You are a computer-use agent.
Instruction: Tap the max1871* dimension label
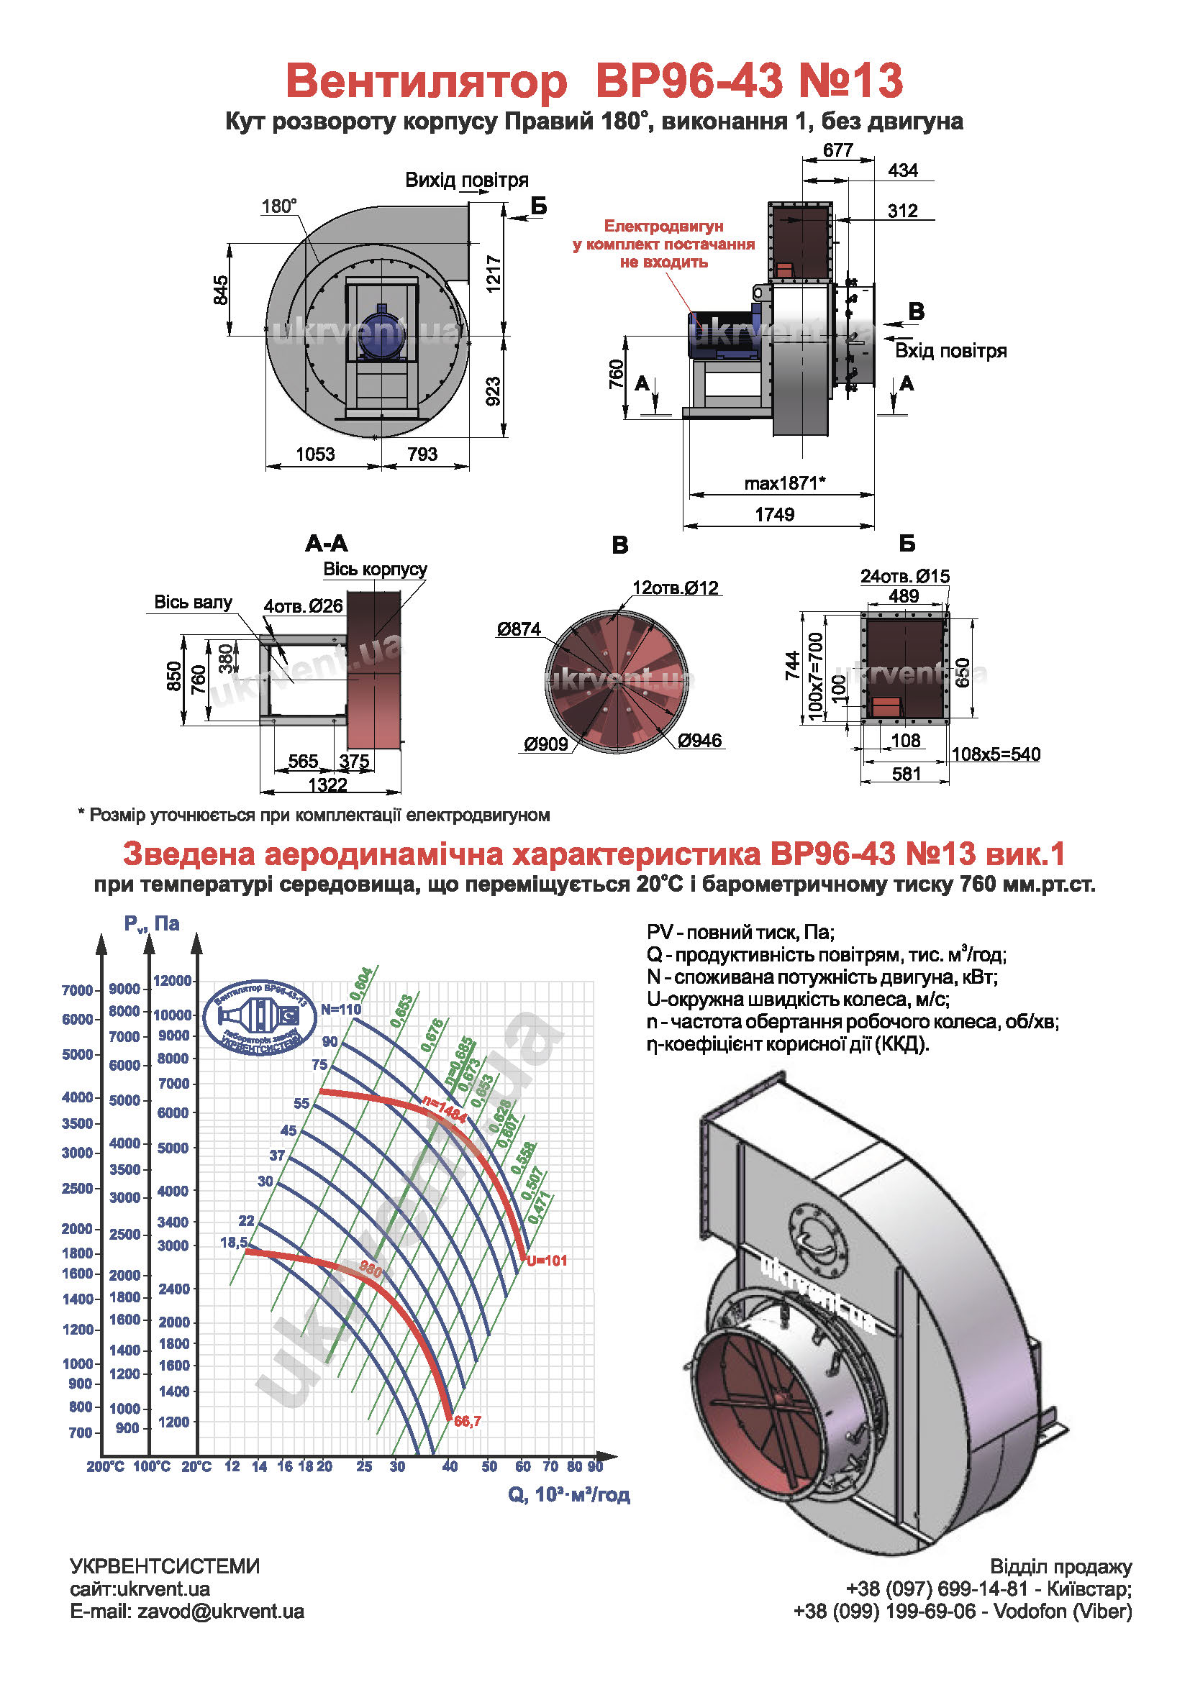coord(784,483)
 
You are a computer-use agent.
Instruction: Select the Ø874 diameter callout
coord(518,629)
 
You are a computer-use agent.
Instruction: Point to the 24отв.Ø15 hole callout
coord(904,577)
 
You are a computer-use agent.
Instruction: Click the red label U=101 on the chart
coord(547,1261)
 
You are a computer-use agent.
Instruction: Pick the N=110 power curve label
coord(341,1009)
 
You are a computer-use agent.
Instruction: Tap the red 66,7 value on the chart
coord(468,1421)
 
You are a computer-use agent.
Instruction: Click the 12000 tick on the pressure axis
coord(172,980)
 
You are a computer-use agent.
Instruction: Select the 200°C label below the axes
coord(105,1466)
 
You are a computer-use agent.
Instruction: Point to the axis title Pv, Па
coord(152,924)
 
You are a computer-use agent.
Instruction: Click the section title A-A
coord(326,544)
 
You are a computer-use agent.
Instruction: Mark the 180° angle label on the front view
coord(279,206)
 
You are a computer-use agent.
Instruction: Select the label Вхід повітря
coord(950,351)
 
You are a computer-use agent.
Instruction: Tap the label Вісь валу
coord(193,602)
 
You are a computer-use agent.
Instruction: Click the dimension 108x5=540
coord(995,754)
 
